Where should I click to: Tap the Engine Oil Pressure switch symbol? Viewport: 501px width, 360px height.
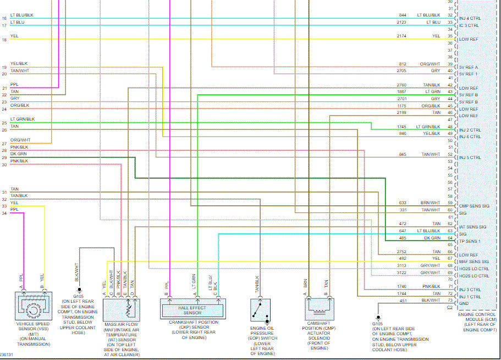click(x=260, y=313)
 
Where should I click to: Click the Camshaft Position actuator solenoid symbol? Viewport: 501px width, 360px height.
click(x=316, y=309)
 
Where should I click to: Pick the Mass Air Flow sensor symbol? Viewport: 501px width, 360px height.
click(x=122, y=311)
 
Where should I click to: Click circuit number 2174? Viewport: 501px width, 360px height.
click(x=402, y=36)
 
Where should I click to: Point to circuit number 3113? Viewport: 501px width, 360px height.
click(x=402, y=265)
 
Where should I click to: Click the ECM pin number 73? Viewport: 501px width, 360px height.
click(x=450, y=301)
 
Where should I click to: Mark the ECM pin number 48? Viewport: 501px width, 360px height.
click(x=450, y=127)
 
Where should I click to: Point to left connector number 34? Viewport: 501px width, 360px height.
click(x=4, y=212)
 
